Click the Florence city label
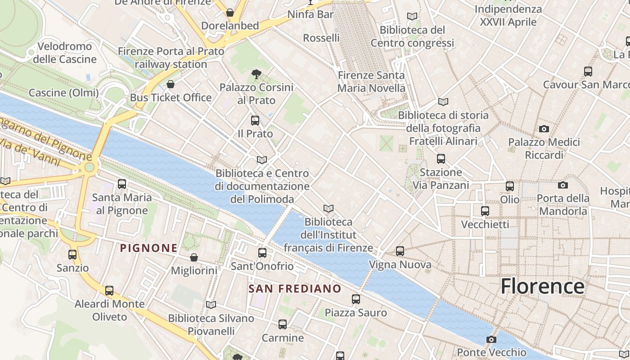pyautogui.click(x=542, y=286)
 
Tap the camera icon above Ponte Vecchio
pyautogui.click(x=491, y=339)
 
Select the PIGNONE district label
pyautogui.click(x=148, y=248)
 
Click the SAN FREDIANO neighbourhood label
pyautogui.click(x=295, y=289)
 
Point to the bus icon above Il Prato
pyautogui.click(x=255, y=121)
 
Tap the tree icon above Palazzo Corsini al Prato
pyautogui.click(x=256, y=74)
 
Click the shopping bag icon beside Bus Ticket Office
pyautogui.click(x=171, y=84)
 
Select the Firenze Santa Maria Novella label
pyautogui.click(x=371, y=81)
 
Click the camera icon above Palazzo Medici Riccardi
pyautogui.click(x=544, y=129)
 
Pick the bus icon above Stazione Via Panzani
pyautogui.click(x=441, y=159)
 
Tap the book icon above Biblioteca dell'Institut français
pyautogui.click(x=328, y=208)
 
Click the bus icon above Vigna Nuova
pyautogui.click(x=400, y=251)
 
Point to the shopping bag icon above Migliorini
pyautogui.click(x=194, y=257)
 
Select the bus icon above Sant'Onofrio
pyautogui.click(x=262, y=253)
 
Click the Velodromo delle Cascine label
pyautogui.click(x=65, y=53)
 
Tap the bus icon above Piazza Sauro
pyautogui.click(x=356, y=299)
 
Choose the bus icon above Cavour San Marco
pyautogui.click(x=588, y=72)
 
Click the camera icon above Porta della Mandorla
pyautogui.click(x=562, y=185)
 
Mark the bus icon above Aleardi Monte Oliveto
pyautogui.click(x=109, y=291)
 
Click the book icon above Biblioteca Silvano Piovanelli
pyautogui.click(x=211, y=305)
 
